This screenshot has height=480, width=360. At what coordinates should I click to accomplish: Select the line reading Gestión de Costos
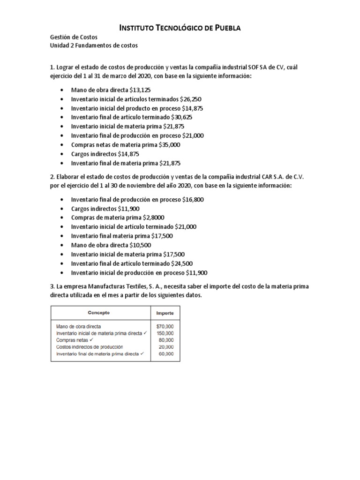[x=74, y=37]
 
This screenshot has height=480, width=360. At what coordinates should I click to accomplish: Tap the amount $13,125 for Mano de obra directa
[x=140, y=90]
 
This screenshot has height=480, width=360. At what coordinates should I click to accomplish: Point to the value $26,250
[x=187, y=99]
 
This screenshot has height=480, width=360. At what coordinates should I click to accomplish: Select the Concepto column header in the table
[x=99, y=312]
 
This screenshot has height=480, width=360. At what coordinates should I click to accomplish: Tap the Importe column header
[x=165, y=312]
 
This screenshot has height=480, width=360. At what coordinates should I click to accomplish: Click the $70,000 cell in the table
[x=165, y=326]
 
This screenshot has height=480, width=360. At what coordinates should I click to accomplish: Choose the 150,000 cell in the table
[x=165, y=333]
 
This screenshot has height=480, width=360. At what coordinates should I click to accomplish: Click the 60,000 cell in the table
[x=166, y=354]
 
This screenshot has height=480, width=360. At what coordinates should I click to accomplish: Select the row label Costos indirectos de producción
[x=89, y=347]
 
